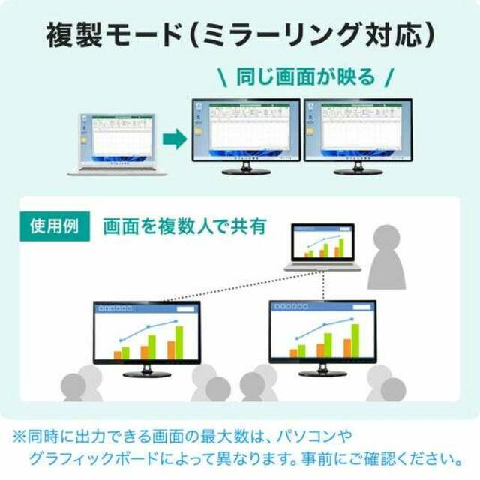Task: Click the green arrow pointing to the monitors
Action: point(175,139)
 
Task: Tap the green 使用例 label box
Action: point(55,226)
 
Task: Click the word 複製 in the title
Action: point(73,34)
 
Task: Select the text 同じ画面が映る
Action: point(305,76)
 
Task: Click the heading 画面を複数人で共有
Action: point(184,226)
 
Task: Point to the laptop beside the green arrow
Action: point(117,145)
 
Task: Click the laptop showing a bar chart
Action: point(322,247)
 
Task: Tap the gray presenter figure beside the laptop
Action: point(387,257)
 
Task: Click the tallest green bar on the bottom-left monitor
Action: point(179,342)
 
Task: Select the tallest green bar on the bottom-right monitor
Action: point(355,340)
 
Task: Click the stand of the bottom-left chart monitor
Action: point(147,370)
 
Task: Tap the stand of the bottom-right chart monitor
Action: point(322,370)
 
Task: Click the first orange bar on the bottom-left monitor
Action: point(118,355)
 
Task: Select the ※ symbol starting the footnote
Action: point(19,436)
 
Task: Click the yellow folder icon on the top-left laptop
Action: point(84,140)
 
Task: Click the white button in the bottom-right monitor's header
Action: point(361,307)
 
